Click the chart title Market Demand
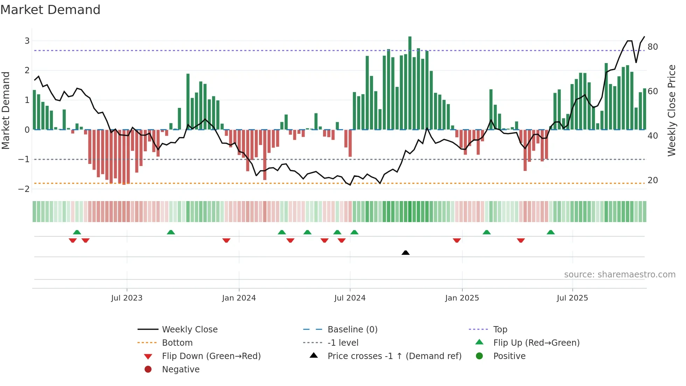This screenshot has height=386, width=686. click(x=50, y=10)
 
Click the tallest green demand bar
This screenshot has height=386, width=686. click(x=410, y=83)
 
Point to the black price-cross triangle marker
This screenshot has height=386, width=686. click(x=405, y=253)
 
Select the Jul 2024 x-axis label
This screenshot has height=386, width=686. click(x=350, y=298)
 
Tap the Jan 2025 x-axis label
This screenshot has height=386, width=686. click(x=462, y=298)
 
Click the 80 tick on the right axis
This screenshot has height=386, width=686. click(x=652, y=47)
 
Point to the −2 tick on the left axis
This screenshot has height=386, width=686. click(x=24, y=189)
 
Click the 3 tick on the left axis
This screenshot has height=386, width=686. click(x=27, y=41)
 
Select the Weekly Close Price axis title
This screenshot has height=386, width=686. click(x=671, y=110)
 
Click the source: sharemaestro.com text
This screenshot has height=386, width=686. click(x=619, y=275)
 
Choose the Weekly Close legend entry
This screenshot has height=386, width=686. click(x=189, y=330)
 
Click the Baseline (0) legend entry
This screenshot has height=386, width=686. click(x=352, y=330)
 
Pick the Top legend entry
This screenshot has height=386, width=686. click(x=500, y=330)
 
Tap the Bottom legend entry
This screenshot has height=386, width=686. click(x=177, y=343)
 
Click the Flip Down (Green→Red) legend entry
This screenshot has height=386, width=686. click(x=211, y=356)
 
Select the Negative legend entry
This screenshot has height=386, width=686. click(x=181, y=370)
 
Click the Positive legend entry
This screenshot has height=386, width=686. click(x=509, y=356)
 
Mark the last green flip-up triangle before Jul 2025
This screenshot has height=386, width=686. click(x=551, y=232)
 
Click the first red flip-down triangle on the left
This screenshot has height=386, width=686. click(x=73, y=240)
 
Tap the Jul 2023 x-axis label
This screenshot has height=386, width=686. click(x=127, y=298)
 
